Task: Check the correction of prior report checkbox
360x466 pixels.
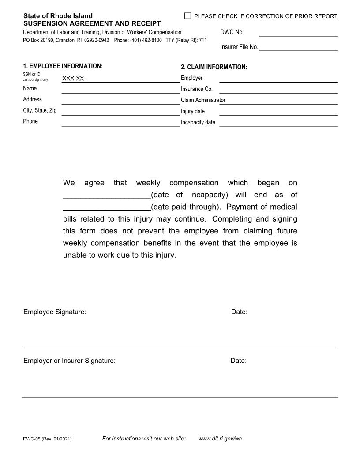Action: coord(187,16)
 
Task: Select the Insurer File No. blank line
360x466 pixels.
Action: coord(298,47)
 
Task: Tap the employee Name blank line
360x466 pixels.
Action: coord(120,90)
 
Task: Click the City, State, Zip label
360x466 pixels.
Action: coord(40,110)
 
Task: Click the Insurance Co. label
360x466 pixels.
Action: coord(197,89)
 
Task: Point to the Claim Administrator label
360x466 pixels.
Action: coord(203,100)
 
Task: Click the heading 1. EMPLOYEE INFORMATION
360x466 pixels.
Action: coord(63,66)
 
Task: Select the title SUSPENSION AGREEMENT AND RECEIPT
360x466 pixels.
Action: coord(92,23)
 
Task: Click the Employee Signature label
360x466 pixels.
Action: coord(55,312)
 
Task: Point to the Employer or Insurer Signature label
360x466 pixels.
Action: coord(69,361)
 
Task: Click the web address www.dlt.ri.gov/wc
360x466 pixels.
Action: coord(220,439)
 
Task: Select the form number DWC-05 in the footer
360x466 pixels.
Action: coord(32,439)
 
